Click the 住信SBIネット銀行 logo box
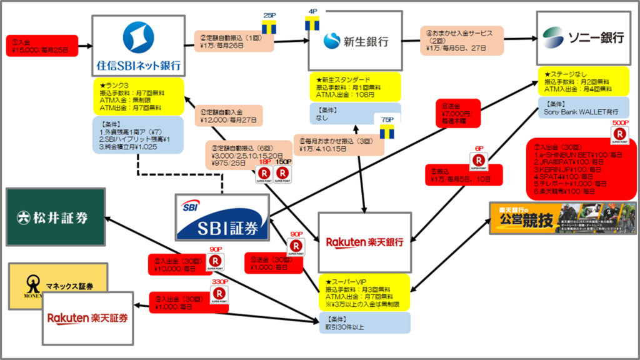tap(138, 45)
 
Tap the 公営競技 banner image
tap(562, 217)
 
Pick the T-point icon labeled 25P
tap(269, 27)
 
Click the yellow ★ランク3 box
tap(137, 95)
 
